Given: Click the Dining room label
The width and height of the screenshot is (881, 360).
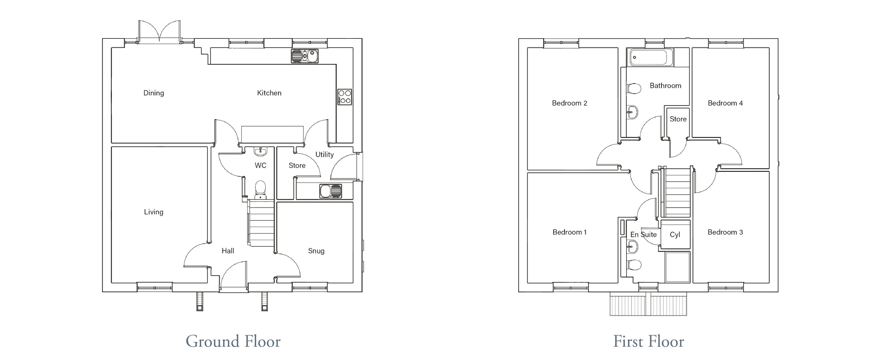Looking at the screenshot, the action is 154,93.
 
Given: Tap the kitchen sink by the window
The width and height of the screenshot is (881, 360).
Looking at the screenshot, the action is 305,56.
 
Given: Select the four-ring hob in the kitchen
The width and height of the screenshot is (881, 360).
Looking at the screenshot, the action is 345,97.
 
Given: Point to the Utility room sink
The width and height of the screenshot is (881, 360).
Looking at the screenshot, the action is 331,191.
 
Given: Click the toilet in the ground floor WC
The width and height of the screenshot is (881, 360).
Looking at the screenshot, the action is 260,190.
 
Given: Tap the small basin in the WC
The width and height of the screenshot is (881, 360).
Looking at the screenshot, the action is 260,151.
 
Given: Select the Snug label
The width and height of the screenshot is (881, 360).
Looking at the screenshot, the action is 316,251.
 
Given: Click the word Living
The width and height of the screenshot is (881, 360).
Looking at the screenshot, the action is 154,212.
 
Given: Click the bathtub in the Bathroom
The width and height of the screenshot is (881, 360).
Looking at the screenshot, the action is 650,57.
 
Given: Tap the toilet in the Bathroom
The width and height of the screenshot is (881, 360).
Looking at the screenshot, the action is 634,89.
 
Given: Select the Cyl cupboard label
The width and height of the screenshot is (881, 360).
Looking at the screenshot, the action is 675,235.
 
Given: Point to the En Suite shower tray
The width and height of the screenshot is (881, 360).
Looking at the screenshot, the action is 678,267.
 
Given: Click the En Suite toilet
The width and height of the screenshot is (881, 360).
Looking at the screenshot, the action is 634,265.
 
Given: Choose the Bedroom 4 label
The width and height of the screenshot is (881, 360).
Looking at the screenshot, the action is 725,103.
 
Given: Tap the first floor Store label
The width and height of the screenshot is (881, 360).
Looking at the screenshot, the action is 678,119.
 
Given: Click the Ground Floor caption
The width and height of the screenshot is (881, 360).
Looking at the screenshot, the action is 233,341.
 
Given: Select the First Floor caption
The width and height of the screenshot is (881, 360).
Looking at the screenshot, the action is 649,341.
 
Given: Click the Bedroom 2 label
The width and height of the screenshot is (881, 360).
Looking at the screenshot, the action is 569,103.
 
